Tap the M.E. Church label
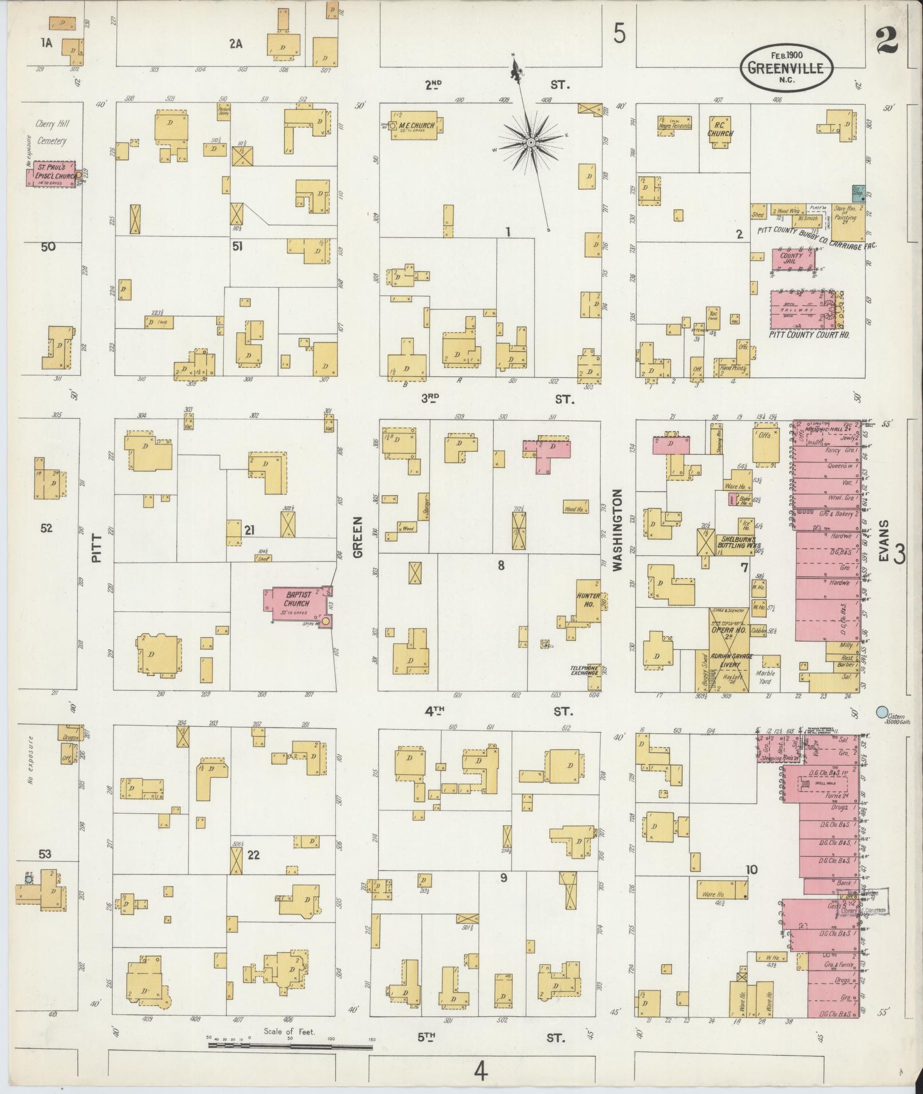tap(417, 126)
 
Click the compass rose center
tap(532, 141)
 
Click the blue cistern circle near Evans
tap(882, 712)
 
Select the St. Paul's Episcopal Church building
tap(52, 174)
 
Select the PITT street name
tap(96, 548)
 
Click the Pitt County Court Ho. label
tap(809, 335)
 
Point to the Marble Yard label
tap(765, 677)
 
